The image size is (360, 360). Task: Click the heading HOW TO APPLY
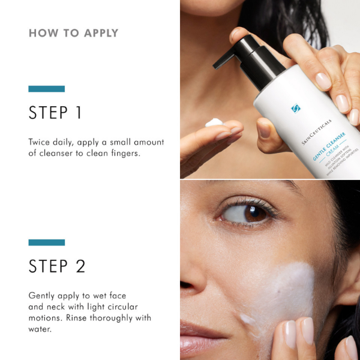coord(73,33)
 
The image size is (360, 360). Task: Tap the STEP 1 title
coord(55,113)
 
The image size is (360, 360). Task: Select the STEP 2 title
coord(57,266)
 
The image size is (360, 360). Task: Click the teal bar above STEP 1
coord(46,89)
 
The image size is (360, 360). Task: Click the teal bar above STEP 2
coord(46,242)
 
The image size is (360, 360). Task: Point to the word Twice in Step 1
coord(40,142)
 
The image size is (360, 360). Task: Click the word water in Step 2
coord(41,329)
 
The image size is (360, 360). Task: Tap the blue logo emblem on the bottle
coord(295,109)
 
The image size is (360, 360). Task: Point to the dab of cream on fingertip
coord(214,122)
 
